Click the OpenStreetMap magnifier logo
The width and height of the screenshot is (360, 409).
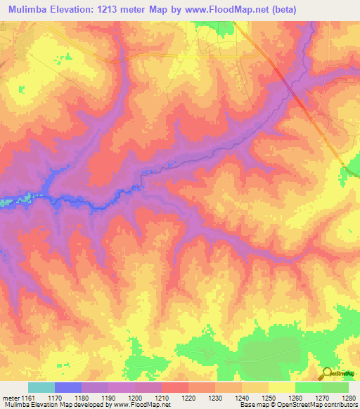(x=326, y=373)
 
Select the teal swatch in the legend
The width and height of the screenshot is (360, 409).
(x=41, y=387)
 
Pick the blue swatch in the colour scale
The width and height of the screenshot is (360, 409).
(x=67, y=387)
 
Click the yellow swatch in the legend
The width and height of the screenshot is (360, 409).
(x=281, y=387)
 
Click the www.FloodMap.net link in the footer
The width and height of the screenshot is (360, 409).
(x=149, y=405)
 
